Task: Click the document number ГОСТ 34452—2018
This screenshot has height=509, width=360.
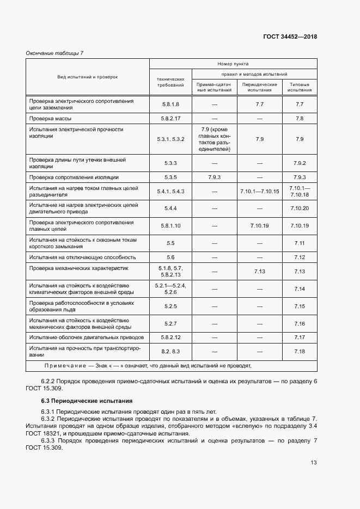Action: pyautogui.click(x=290, y=36)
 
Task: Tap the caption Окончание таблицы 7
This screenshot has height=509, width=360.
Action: pyautogui.click(x=55, y=53)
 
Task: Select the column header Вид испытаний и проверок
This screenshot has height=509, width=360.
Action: pyautogui.click(x=88, y=77)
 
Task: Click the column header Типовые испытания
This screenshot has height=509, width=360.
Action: pyautogui.click(x=299, y=87)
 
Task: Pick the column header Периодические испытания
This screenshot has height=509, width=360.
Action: pyautogui.click(x=259, y=87)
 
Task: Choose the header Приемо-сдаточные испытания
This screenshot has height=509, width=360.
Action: pyautogui.click(x=214, y=87)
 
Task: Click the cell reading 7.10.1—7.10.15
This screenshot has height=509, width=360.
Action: pyautogui.click(x=259, y=191)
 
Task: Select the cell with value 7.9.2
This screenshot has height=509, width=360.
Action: pyautogui.click(x=299, y=163)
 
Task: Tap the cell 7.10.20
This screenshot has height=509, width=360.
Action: pyautogui.click(x=299, y=208)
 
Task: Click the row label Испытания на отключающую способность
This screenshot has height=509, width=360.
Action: pyautogui.click(x=82, y=257)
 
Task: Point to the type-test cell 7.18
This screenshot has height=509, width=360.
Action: pyautogui.click(x=299, y=352)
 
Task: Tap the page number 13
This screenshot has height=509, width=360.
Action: pyautogui.click(x=313, y=463)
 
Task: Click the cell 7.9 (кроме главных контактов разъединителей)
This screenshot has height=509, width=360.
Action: pyautogui.click(x=214, y=139)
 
